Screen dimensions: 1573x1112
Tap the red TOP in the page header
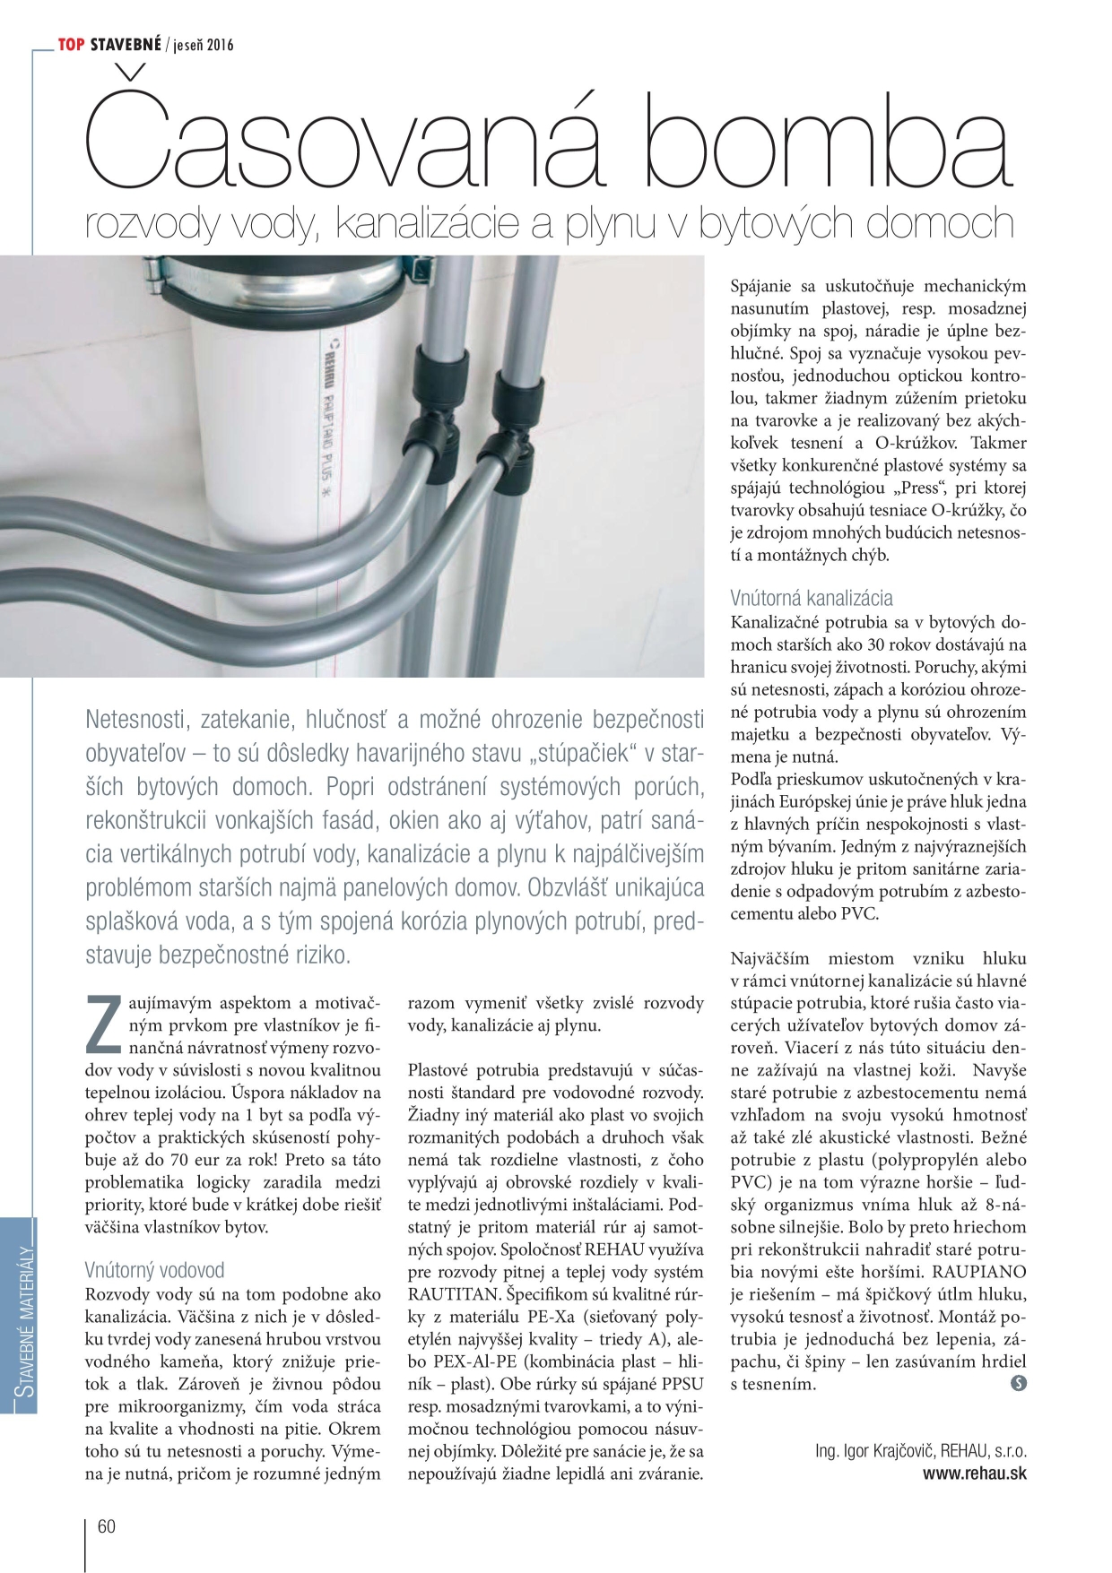(71, 44)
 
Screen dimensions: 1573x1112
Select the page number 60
(106, 1526)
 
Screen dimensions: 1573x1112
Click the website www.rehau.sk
(975, 1473)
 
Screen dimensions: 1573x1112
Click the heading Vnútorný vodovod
(154, 1269)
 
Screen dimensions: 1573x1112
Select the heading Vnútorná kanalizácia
(811, 598)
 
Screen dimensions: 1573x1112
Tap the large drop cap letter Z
(102, 1024)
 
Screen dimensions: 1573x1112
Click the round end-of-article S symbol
(1018, 1383)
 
